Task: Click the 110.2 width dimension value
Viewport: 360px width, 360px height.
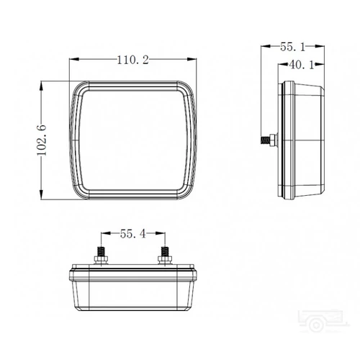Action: click(132, 60)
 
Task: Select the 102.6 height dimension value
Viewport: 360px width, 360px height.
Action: click(42, 140)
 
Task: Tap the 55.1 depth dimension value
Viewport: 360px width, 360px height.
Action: click(292, 47)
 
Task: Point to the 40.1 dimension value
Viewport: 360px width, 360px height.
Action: click(302, 65)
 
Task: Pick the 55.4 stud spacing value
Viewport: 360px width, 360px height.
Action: click(132, 234)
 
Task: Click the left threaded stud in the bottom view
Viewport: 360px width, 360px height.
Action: click(101, 253)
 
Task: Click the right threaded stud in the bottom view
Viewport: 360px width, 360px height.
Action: click(164, 252)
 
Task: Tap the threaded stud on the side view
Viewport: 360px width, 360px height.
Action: click(265, 140)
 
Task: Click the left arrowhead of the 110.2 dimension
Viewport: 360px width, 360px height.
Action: click(74, 59)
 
